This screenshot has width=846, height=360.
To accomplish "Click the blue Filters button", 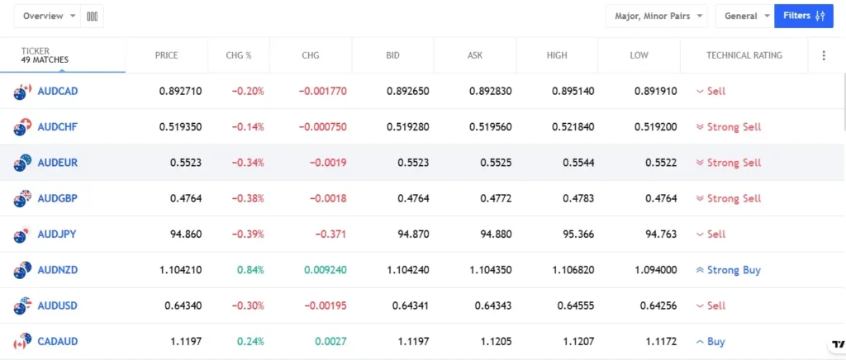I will click(x=803, y=16).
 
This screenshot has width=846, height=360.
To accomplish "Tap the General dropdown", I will click(x=744, y=16).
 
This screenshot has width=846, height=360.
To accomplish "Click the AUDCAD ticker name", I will click(x=58, y=91).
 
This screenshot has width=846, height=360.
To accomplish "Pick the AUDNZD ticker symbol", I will click(x=58, y=270).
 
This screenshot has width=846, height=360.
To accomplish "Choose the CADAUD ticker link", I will click(x=58, y=342).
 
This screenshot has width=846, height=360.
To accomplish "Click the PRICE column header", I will click(x=166, y=55).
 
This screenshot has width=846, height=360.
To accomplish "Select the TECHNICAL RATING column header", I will click(x=744, y=55).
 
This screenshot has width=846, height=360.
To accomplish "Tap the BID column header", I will click(x=392, y=55).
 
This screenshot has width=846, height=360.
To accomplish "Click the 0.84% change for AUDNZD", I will click(x=250, y=270).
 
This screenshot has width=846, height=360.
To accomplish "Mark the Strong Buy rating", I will click(x=733, y=270).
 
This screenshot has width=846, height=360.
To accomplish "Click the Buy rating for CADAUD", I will click(x=715, y=342).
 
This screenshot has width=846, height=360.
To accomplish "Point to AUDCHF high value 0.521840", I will click(x=570, y=127).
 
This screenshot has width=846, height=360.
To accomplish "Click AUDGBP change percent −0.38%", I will click(x=247, y=198).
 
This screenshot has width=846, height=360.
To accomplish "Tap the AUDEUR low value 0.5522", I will click(x=661, y=163).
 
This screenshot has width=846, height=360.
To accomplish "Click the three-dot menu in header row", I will click(x=823, y=55).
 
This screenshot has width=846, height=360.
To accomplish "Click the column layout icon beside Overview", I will click(x=93, y=16).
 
